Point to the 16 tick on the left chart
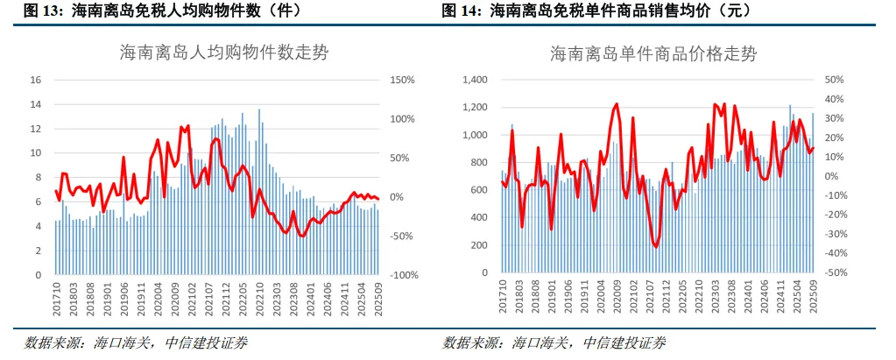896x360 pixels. coord(36,80)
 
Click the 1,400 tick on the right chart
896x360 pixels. coord(473,80)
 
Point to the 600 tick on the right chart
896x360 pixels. coord(477,190)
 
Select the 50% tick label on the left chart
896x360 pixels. coord(399,158)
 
